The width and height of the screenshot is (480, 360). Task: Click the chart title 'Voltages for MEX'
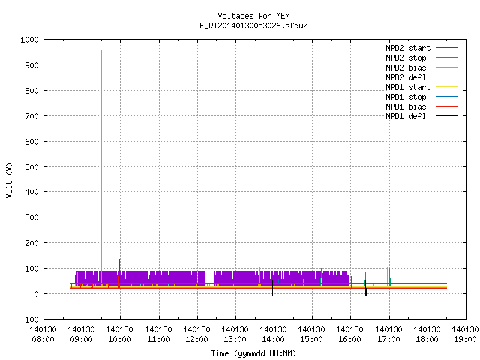[253, 16]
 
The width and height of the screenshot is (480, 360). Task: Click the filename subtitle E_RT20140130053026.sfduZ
[253, 25]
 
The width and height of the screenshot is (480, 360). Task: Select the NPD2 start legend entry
[421, 48]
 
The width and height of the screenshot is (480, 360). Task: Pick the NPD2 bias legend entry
[421, 67]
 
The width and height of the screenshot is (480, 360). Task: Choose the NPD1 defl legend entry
[421, 116]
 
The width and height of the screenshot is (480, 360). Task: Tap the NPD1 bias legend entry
[421, 106]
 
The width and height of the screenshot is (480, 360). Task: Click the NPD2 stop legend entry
[421, 58]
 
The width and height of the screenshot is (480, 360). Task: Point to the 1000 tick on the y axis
[30, 40]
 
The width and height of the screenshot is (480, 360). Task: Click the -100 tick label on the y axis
[30, 319]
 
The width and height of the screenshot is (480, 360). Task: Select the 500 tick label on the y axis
[31, 167]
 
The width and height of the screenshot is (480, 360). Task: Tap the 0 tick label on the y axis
[37, 294]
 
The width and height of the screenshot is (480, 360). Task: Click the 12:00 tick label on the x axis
[196, 334]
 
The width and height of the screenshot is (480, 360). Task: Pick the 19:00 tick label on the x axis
[465, 334]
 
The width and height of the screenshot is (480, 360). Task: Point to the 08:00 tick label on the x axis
[43, 334]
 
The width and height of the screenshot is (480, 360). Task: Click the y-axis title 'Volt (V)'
[9, 180]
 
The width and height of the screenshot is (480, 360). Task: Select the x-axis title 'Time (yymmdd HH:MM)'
[253, 353]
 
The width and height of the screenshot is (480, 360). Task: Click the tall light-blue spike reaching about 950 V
[102, 166]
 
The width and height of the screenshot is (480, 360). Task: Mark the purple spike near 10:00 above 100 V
[120, 265]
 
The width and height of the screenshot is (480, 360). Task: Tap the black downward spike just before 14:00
[272, 288]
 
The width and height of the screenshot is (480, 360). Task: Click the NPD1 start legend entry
[421, 87]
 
